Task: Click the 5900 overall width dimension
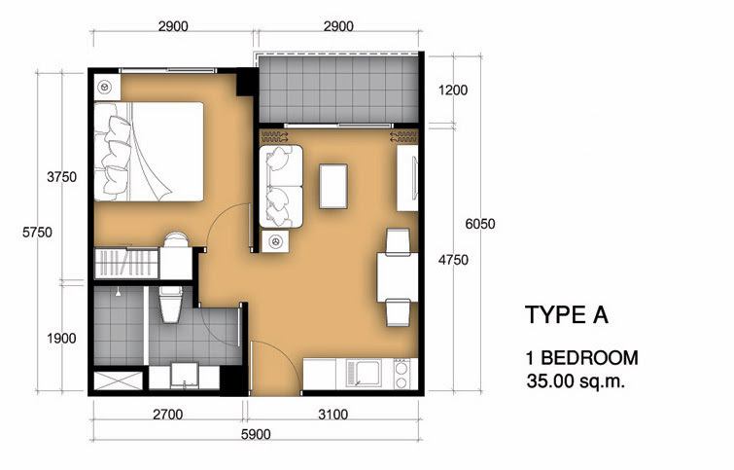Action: [256, 434]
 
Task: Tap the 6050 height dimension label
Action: [480, 224]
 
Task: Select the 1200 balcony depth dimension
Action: [453, 90]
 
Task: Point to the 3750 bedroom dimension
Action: [62, 177]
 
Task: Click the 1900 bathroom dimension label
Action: [61, 338]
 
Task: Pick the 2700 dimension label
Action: [167, 415]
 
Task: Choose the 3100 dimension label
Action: [332, 415]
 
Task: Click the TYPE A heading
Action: [567, 314]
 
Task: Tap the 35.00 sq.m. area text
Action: [576, 381]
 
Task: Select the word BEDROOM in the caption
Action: [590, 358]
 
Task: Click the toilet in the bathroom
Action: [170, 305]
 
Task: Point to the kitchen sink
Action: [364, 374]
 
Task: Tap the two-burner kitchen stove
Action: [402, 374]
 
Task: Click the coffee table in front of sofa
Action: [333, 186]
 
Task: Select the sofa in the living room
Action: [281, 187]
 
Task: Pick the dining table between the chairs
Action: [398, 277]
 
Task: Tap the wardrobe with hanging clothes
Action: [126, 264]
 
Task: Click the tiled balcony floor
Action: [338, 89]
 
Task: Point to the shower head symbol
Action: [119, 293]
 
